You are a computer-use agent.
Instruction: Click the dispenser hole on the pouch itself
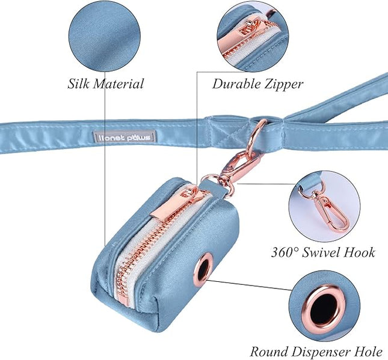pos(199,268)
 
